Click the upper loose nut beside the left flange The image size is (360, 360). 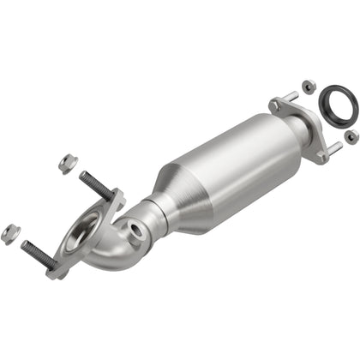[x=64, y=160]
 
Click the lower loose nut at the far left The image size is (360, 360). [x=10, y=231]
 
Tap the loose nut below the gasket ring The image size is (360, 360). [x=351, y=137]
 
